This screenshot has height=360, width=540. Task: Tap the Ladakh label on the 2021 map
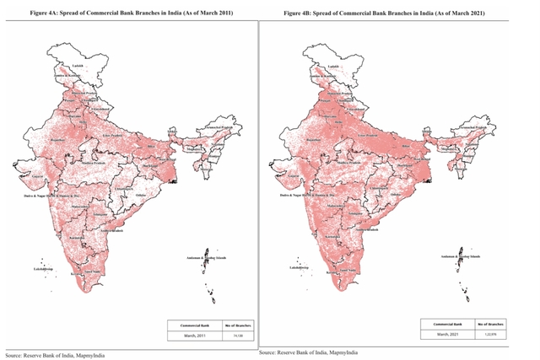[x=334, y=64]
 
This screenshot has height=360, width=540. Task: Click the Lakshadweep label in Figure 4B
[x=300, y=268]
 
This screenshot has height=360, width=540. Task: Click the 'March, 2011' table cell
[x=197, y=335]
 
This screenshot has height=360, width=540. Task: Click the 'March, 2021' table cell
[x=451, y=334]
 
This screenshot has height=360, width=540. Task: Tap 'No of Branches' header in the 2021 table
[x=489, y=323]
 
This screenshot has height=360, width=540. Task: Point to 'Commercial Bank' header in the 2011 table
[x=197, y=324]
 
